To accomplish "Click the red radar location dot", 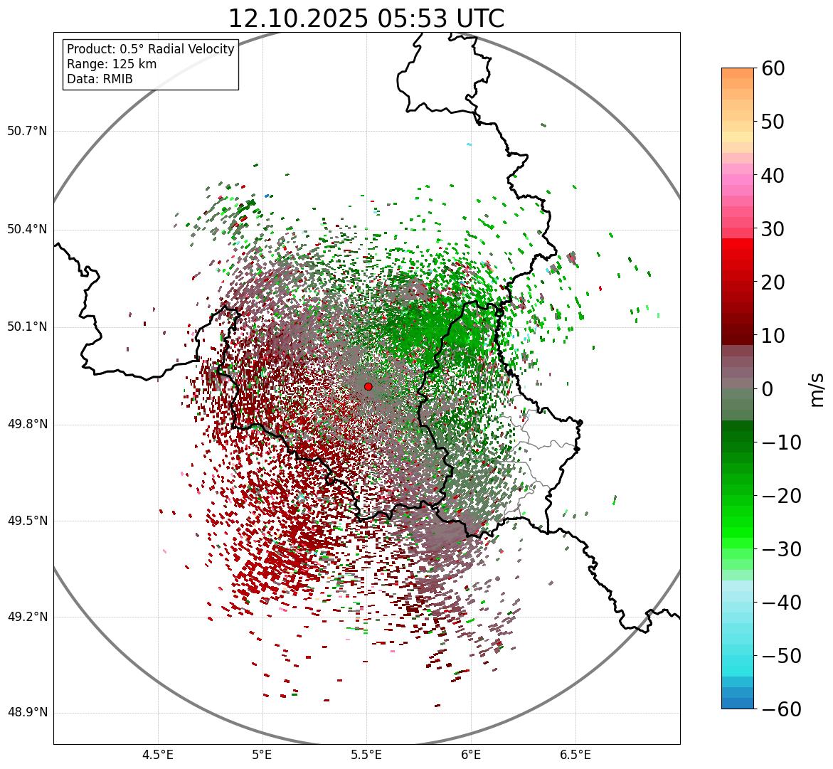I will click(x=368, y=386).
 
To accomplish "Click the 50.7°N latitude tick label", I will click(x=27, y=132).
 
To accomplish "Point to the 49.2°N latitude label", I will click(x=27, y=617).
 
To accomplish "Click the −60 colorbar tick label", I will click(x=778, y=709).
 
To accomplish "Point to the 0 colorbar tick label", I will click(x=768, y=389).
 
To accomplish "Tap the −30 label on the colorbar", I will click(x=778, y=549).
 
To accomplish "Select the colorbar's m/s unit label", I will click(x=817, y=388).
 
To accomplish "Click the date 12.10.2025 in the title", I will click(x=298, y=19).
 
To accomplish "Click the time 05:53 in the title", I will click(x=405, y=19).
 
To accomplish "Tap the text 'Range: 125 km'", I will click(x=112, y=64).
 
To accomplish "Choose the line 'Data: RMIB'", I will click(x=100, y=79).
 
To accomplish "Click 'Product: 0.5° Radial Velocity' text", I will click(x=150, y=49).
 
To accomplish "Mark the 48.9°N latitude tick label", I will click(x=27, y=714).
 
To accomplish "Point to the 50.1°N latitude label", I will click(x=27, y=327).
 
